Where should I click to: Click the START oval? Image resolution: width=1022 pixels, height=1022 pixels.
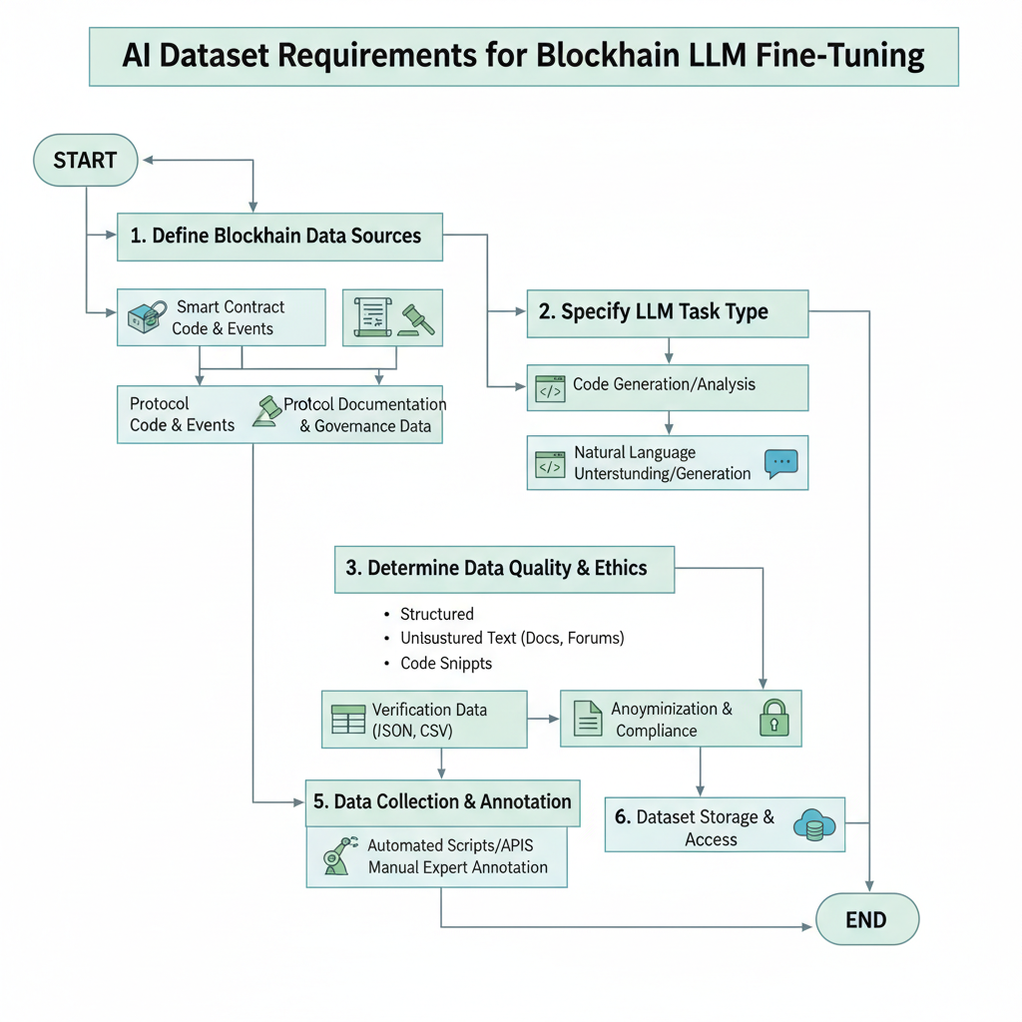tap(85, 161)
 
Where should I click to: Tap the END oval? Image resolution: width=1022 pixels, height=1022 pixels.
tap(866, 919)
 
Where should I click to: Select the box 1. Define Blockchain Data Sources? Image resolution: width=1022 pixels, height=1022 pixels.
tap(279, 237)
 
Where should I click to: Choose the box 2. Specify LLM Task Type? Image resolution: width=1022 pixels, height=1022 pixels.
tap(667, 311)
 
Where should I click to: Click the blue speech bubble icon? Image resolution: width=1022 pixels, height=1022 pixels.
tap(780, 463)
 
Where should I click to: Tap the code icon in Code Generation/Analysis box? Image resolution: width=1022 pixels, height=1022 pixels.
tap(550, 387)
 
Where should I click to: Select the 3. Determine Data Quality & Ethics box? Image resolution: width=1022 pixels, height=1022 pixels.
tap(505, 569)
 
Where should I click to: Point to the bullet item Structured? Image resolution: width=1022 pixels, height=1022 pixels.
tap(436, 614)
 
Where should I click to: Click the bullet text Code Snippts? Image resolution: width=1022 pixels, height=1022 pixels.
tap(445, 663)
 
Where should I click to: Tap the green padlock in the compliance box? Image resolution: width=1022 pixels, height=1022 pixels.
tap(774, 718)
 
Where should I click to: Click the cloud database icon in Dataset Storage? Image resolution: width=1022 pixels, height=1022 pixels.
tap(812, 824)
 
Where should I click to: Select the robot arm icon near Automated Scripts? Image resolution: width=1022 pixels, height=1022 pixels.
tap(339, 856)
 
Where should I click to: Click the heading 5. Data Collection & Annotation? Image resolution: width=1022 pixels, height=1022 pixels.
tap(442, 802)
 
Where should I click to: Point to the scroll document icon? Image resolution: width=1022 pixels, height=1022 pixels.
tap(370, 318)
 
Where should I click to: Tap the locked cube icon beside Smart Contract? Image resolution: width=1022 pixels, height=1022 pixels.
tap(144, 317)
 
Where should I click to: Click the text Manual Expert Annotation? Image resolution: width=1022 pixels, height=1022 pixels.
tap(457, 867)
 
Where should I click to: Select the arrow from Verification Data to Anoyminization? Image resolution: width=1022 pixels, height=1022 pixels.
tap(543, 719)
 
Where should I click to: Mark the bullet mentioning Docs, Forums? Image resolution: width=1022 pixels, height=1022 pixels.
tap(511, 638)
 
